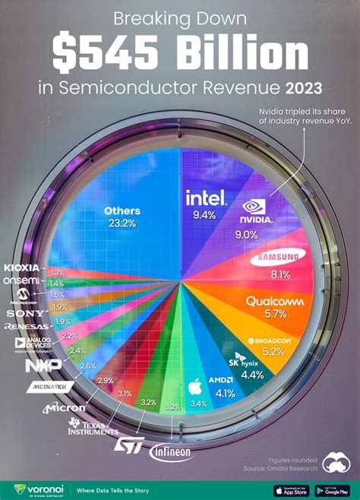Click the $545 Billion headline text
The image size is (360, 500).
click(x=180, y=52)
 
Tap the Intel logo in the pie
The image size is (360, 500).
click(x=205, y=198)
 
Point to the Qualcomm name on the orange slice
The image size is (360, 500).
click(x=276, y=300)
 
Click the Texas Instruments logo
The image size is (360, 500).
click(x=88, y=427)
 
